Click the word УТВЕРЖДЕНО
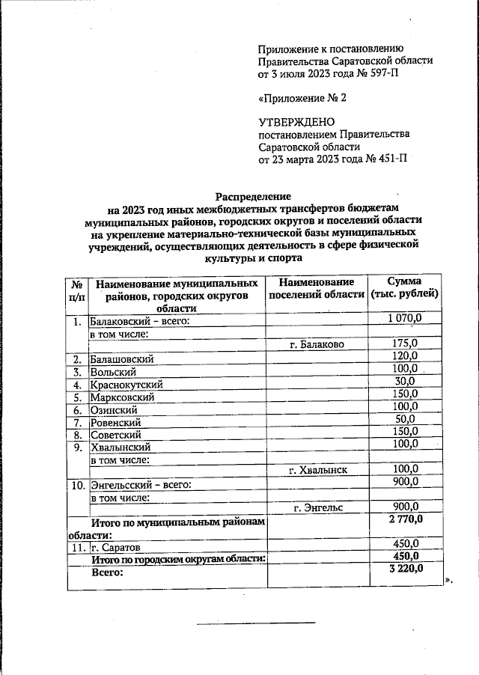[x=296, y=122]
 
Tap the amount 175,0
[x=405, y=344]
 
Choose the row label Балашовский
[x=122, y=358]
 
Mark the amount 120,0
[x=405, y=357]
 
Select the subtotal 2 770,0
[x=405, y=520]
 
